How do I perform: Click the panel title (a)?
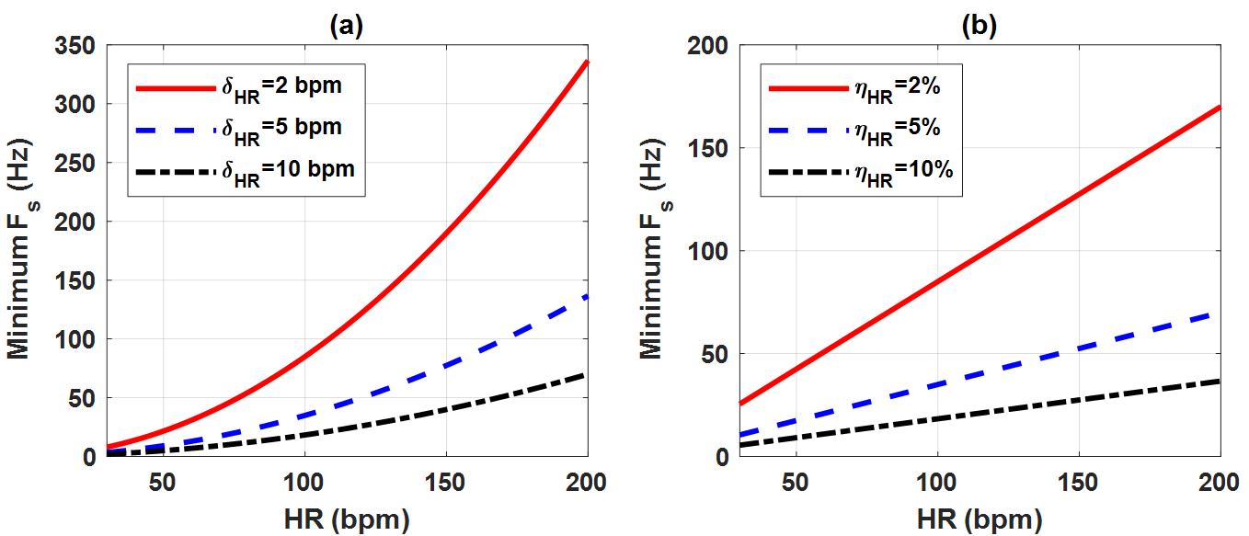click(x=348, y=26)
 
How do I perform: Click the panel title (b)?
click(x=980, y=26)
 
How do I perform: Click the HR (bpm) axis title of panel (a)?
click(x=348, y=520)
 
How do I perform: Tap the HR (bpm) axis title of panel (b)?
click(x=980, y=520)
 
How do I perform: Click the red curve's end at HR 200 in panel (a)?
click(x=588, y=62)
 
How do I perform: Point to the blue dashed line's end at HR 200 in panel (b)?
click(x=1220, y=314)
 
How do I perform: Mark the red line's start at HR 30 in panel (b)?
click(x=740, y=404)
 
